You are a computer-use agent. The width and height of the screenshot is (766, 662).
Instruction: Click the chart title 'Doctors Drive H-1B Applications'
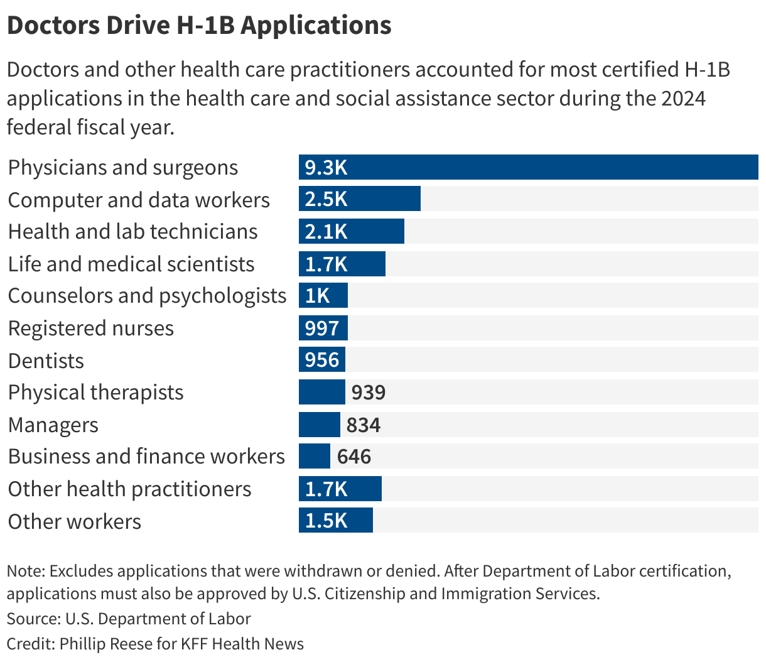point(199,26)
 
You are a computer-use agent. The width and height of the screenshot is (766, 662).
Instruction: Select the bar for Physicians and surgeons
point(528,167)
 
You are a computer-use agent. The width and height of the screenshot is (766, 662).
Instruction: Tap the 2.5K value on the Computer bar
point(326,199)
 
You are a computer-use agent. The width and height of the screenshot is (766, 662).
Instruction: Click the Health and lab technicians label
point(132,232)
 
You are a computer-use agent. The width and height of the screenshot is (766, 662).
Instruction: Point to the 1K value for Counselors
point(317,296)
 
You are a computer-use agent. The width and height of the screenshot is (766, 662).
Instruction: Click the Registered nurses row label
point(91,328)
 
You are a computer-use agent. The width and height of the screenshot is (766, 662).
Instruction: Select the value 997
point(321,328)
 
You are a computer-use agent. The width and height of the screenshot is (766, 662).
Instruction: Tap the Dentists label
point(46,361)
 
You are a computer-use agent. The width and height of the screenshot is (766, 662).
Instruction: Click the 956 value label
point(321,361)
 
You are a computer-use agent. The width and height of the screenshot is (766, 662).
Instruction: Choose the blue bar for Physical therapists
point(321,393)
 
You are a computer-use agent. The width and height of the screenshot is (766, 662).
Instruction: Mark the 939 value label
point(369,393)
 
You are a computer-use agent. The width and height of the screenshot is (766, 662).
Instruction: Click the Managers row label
point(53,425)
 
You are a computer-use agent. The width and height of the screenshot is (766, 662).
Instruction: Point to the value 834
point(364,425)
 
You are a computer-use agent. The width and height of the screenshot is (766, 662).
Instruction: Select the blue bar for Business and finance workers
point(314,457)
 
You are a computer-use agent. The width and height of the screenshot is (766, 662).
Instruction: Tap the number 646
point(354,457)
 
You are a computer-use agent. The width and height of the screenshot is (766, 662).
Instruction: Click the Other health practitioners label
point(129,489)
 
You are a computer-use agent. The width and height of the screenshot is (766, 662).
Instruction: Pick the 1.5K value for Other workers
point(326,521)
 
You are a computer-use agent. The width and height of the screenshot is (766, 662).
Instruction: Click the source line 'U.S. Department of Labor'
point(158,619)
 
